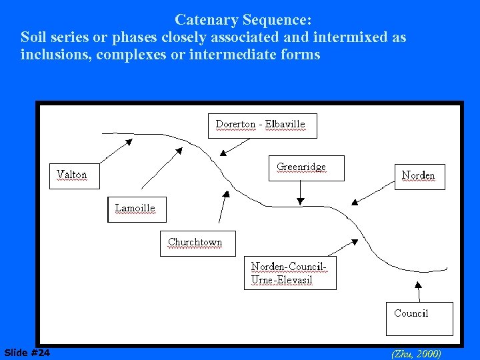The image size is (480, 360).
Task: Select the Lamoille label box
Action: [135, 209]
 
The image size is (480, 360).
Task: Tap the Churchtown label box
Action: [197, 243]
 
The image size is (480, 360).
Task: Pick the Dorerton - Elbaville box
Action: [261, 125]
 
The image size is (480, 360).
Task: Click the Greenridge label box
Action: [306, 167]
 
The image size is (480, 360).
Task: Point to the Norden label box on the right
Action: [419, 176]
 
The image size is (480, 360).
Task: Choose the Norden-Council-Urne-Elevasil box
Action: [290, 273]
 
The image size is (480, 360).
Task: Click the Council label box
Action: [419, 319]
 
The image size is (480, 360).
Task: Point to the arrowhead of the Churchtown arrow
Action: [226, 195]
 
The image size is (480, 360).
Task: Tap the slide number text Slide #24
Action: [27, 352]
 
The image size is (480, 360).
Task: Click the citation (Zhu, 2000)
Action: [416, 353]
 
